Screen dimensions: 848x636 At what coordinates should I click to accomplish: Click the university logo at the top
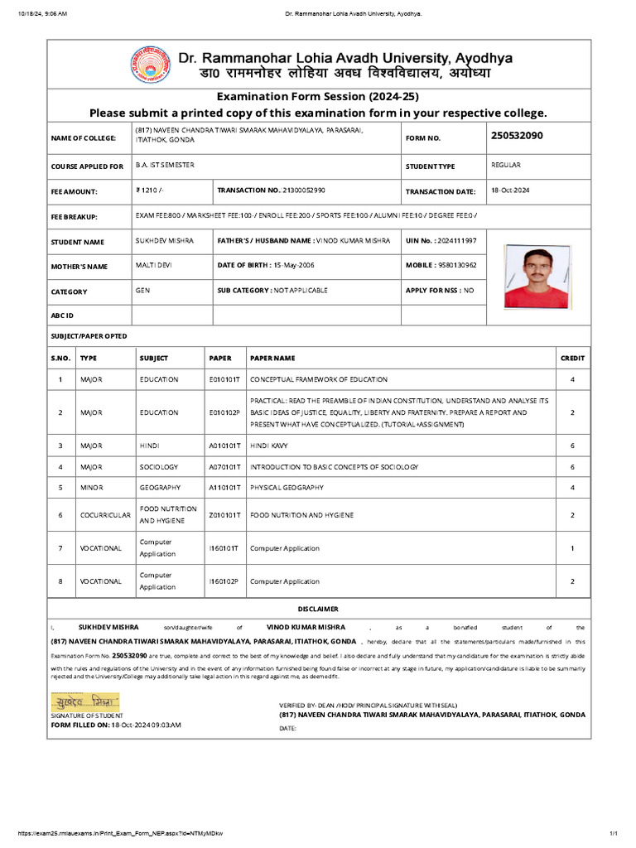click(148, 66)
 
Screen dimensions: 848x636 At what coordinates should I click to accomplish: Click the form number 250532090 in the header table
click(517, 135)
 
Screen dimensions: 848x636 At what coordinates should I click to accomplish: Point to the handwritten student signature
click(85, 701)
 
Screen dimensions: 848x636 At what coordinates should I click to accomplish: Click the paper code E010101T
click(224, 379)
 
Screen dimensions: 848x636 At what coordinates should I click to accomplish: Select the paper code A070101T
click(224, 467)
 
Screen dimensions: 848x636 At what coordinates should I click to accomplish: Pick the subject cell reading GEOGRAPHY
click(160, 488)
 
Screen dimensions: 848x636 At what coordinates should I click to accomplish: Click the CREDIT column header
click(572, 359)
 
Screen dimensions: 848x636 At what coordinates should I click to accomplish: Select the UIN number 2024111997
click(455, 241)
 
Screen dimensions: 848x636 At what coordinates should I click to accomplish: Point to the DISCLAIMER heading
click(318, 609)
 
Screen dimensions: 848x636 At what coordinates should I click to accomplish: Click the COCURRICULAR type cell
click(105, 515)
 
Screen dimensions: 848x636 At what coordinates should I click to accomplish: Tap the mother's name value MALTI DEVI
click(154, 265)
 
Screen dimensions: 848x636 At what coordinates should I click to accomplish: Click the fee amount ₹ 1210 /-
click(151, 190)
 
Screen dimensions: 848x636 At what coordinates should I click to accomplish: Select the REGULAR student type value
click(506, 165)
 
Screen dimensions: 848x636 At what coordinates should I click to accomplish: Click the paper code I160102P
click(224, 581)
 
